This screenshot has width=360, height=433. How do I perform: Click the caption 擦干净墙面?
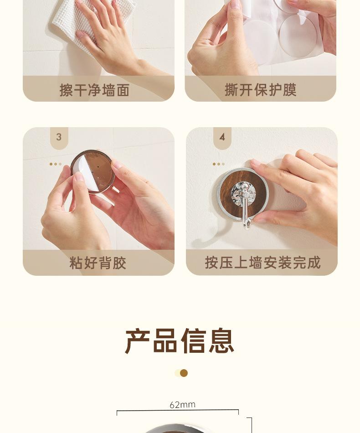[94, 90]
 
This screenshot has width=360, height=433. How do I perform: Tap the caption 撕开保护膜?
[261, 90]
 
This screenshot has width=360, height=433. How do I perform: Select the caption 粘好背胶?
[98, 263]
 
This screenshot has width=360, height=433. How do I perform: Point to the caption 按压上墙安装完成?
[263, 263]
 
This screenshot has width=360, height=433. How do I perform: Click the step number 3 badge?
[59, 137]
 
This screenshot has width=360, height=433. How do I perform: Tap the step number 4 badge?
[222, 137]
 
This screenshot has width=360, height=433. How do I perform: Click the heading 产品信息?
[180, 341]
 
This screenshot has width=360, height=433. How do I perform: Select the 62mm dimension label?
[182, 405]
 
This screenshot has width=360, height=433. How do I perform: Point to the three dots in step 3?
[56, 164]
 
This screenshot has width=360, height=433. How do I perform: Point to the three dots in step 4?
[219, 164]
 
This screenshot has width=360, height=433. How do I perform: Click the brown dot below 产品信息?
[184, 373]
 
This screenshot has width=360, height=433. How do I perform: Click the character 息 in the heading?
[221, 341]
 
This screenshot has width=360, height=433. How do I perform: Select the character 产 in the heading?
[138, 341]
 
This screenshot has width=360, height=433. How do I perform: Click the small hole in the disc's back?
[98, 167]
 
